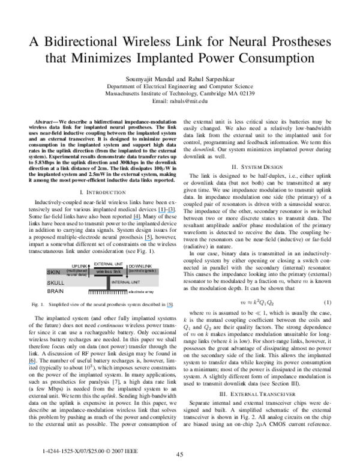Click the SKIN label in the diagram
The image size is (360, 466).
(53, 272)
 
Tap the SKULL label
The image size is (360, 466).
(55, 282)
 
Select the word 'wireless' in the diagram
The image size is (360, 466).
(104, 272)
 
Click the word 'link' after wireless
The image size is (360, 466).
(117, 272)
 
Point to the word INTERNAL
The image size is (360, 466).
(120, 282)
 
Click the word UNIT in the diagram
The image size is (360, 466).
(135, 282)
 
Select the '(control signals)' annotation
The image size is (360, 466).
(142, 271)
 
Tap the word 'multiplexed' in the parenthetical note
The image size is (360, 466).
(77, 271)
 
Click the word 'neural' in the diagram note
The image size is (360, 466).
(73, 274)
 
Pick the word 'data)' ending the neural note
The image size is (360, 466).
(83, 274)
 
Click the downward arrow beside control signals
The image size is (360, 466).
(127, 274)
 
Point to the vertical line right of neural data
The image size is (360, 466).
(89, 273)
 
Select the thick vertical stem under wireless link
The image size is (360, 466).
(108, 283)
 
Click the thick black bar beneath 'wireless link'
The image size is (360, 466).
(108, 276)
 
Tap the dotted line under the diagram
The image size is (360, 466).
(108, 291)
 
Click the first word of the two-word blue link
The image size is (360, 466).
(161, 212)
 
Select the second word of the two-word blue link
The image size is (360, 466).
(171, 212)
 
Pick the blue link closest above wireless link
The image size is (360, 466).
(148, 241)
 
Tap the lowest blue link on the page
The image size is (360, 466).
(31, 364)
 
